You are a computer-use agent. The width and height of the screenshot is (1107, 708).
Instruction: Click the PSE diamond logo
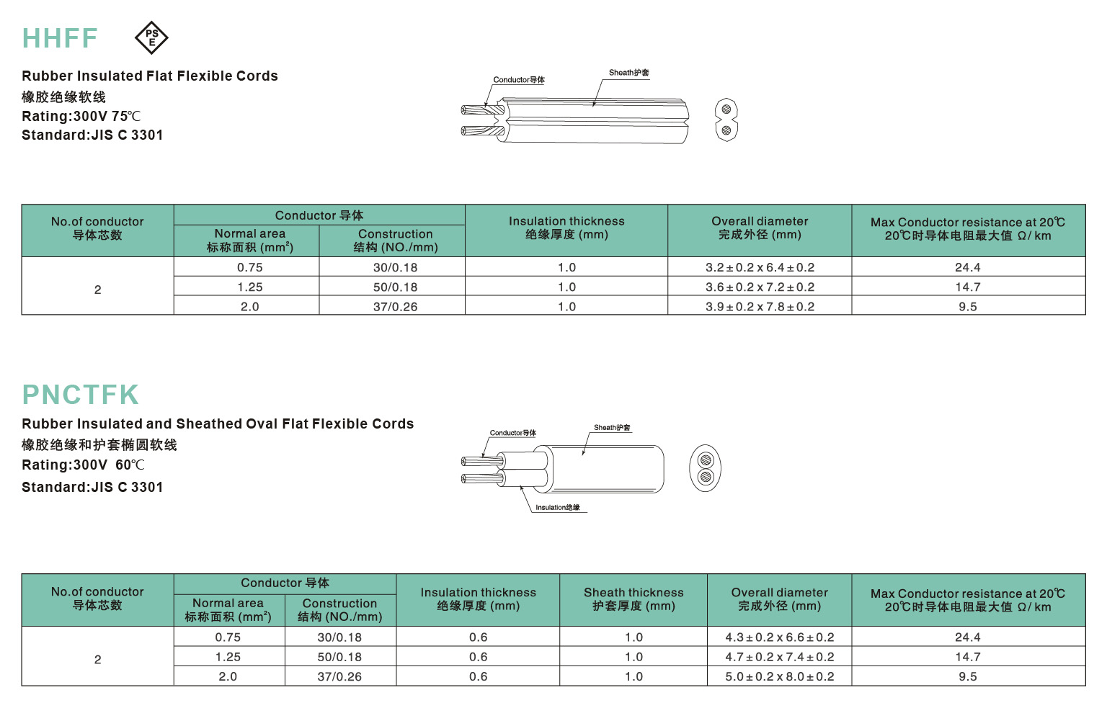click(x=151, y=38)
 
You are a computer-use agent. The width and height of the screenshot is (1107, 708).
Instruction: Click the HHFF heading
click(x=60, y=38)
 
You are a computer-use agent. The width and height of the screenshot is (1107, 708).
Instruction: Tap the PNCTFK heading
click(x=81, y=395)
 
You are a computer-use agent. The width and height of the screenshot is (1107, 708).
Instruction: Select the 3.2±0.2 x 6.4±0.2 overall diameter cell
click(x=760, y=268)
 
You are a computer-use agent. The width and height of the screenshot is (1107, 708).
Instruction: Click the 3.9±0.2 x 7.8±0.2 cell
click(x=760, y=307)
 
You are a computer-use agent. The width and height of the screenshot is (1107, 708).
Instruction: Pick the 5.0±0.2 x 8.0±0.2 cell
click(x=779, y=676)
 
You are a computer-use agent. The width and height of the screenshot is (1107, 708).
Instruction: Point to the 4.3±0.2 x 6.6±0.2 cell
click(x=779, y=637)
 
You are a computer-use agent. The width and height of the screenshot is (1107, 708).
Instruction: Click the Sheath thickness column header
click(x=633, y=599)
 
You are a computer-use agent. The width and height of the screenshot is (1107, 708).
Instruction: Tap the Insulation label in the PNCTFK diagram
click(x=557, y=508)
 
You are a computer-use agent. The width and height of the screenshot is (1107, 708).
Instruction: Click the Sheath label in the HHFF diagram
click(x=628, y=73)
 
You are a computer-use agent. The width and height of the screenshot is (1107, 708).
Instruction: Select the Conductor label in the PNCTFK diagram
click(x=513, y=433)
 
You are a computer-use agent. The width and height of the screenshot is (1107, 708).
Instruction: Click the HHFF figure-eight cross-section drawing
click(x=726, y=120)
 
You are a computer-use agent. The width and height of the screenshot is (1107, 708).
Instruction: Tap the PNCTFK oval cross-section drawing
click(x=706, y=468)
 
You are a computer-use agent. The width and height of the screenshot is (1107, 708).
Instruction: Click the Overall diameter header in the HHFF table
click(x=760, y=228)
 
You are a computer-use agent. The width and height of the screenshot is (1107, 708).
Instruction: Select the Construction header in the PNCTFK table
click(x=340, y=610)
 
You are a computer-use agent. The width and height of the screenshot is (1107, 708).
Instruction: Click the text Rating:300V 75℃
click(x=81, y=117)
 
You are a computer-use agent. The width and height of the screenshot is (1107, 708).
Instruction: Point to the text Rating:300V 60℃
click(x=84, y=465)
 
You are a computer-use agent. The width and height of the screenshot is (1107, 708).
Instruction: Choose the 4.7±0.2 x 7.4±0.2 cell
click(x=779, y=657)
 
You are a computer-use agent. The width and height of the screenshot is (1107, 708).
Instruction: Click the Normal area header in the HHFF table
click(x=249, y=241)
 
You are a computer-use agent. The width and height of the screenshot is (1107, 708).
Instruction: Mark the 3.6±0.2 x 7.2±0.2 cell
click(x=760, y=287)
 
